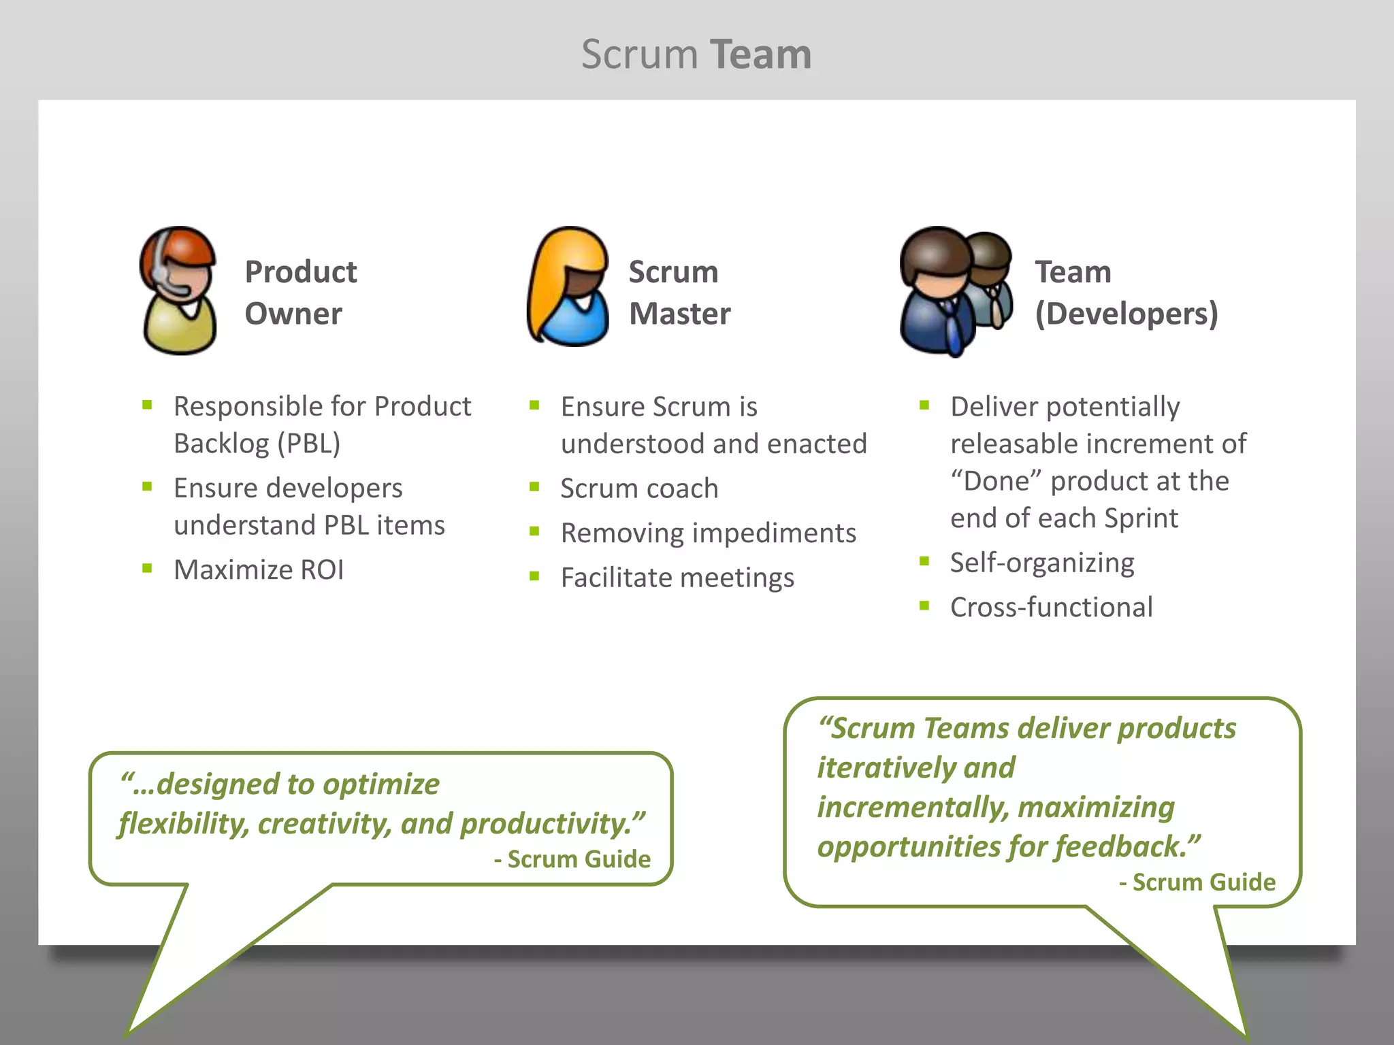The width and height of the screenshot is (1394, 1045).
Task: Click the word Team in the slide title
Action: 760,54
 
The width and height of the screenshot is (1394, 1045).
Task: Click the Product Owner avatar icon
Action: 178,291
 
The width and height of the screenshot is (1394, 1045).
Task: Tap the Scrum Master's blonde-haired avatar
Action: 568,287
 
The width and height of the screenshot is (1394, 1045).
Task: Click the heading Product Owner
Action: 300,293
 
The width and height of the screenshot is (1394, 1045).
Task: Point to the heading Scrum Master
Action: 679,293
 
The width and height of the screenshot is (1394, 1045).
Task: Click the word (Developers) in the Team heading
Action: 1126,314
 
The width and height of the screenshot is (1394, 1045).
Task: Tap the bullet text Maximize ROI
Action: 259,569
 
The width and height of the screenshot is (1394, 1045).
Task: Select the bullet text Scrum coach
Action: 639,488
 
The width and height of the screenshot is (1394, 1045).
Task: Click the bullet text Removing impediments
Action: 708,533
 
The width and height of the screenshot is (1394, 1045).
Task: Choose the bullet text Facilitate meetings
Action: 677,578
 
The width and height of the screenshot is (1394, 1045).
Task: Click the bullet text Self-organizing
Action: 1042,563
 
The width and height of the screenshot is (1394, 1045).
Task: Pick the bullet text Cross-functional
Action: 1051,607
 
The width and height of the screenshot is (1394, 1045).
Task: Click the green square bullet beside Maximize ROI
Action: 147,568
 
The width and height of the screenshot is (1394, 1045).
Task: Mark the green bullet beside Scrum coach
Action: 534,487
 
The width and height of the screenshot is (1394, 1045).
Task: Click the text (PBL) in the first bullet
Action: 308,444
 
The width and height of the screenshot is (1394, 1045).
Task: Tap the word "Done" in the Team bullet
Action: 996,481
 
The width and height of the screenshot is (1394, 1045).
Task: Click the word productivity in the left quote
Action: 551,824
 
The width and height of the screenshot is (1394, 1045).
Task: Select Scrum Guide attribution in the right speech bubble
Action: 1203,882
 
